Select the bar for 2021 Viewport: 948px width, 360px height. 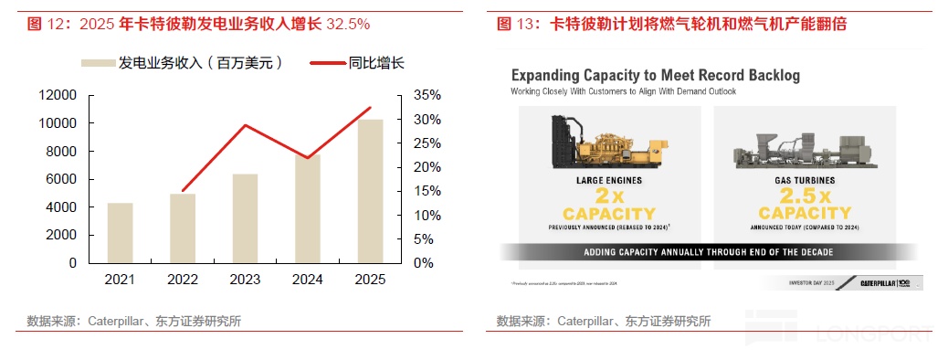pyautogui.click(x=120, y=232)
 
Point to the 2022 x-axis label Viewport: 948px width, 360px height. pyautogui.click(x=183, y=280)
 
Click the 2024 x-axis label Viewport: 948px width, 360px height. pyautogui.click(x=308, y=280)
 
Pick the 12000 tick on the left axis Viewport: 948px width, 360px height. pyautogui.click(x=57, y=95)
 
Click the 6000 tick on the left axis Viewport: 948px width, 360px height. pyautogui.click(x=60, y=179)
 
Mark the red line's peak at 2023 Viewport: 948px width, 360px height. pyautogui.click(x=245, y=125)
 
